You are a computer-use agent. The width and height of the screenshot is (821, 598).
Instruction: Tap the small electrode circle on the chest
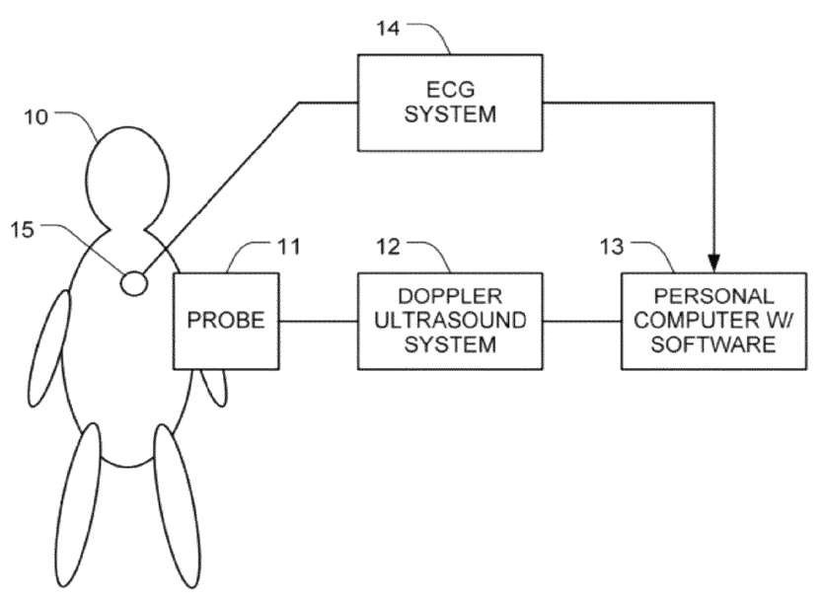click(133, 283)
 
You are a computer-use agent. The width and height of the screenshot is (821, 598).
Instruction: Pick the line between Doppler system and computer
click(582, 320)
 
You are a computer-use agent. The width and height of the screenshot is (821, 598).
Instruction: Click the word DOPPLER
click(449, 296)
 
